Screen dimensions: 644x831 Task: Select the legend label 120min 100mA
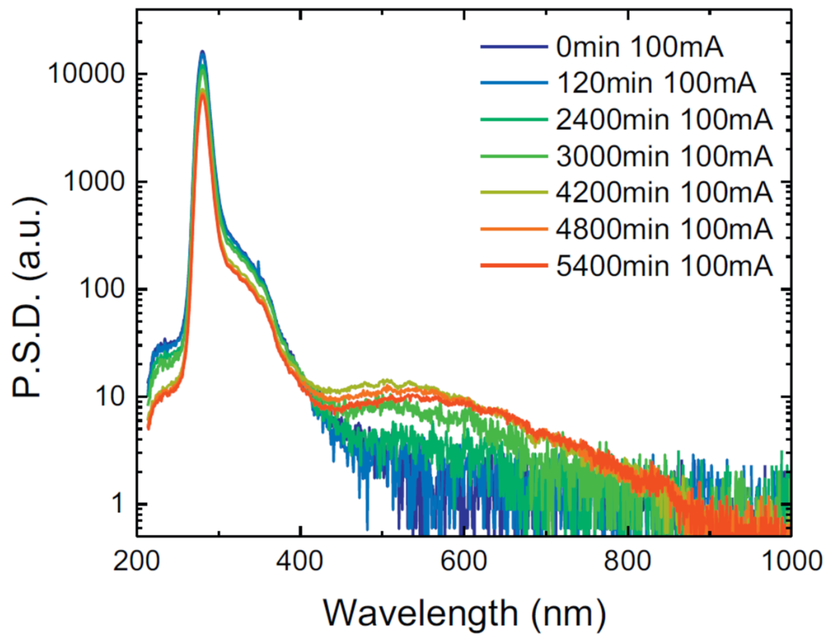(656, 84)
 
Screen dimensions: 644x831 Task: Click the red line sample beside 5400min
(514, 265)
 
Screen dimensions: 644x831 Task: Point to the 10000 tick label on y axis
(86, 75)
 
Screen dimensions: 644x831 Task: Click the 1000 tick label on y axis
(94, 183)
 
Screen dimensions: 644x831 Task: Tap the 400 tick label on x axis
(301, 562)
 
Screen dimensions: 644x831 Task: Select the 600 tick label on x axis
(464, 562)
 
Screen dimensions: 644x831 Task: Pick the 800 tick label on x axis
(628, 562)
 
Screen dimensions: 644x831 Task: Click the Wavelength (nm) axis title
(464, 613)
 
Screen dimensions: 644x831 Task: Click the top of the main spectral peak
(203, 51)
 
